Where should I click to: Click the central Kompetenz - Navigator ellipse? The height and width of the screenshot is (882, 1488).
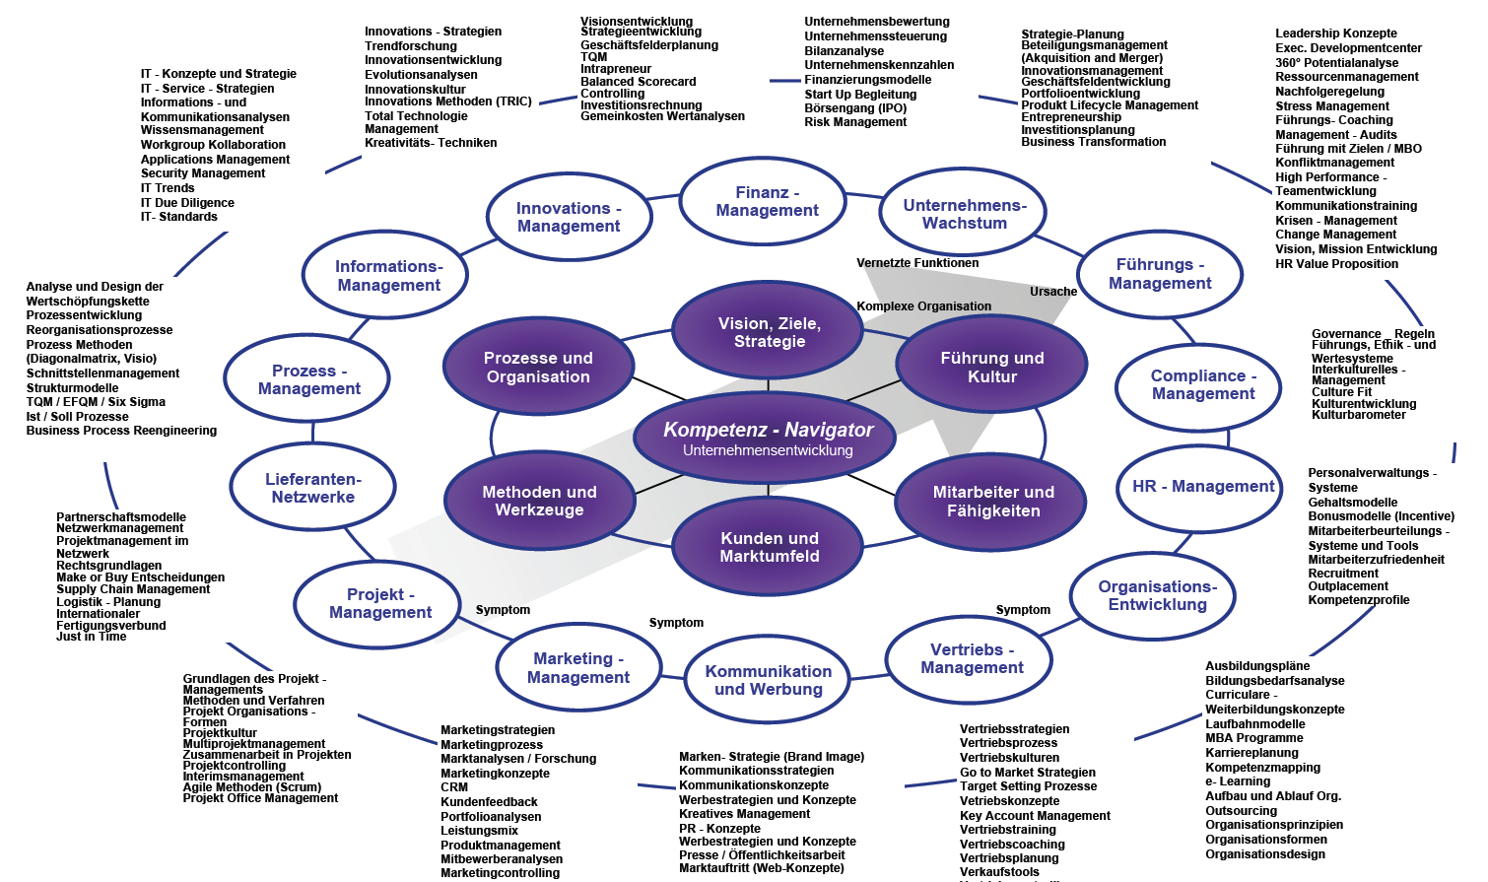[x=768, y=439]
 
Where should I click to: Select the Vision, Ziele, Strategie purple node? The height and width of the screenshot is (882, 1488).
[x=769, y=332]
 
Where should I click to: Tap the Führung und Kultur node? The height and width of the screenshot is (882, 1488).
[x=991, y=367]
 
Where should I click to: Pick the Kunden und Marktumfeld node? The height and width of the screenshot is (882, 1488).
[x=769, y=547]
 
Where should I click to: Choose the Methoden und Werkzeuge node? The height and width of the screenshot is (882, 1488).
[x=539, y=501]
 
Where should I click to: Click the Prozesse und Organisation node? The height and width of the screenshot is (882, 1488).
[x=538, y=367]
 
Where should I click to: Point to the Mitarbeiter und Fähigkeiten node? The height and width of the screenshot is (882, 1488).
[x=992, y=501]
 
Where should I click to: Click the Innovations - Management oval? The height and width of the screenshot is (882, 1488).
[x=569, y=217]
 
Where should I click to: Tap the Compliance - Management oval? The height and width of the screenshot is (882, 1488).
[x=1202, y=384]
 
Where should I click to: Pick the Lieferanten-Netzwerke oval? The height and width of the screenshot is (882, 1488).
[x=312, y=488]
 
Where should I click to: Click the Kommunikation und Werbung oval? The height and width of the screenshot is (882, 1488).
[x=768, y=680]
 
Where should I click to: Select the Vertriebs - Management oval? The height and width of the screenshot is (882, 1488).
[x=972, y=658]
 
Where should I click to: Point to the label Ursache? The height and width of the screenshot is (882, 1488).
[x=1052, y=292]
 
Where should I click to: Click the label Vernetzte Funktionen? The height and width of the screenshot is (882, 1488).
[x=917, y=263]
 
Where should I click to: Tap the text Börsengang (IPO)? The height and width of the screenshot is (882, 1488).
[x=854, y=108]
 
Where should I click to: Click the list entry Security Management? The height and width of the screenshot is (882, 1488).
[x=203, y=173]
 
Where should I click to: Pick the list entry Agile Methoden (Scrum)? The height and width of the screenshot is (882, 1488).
[x=252, y=787]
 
